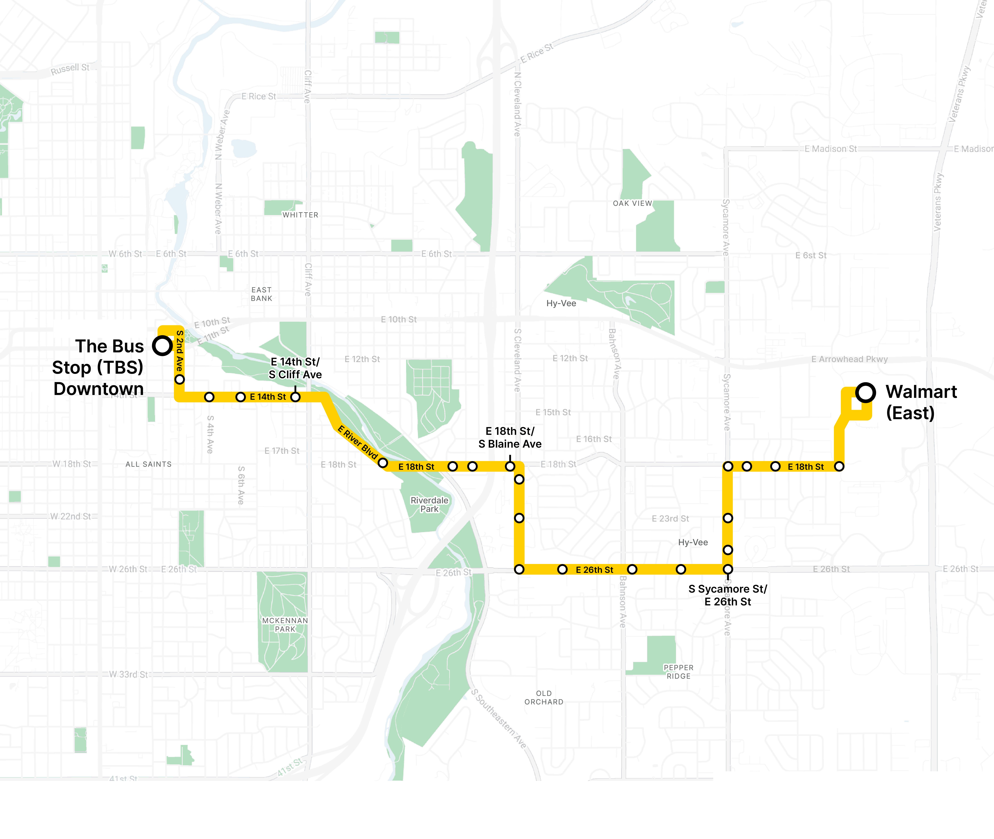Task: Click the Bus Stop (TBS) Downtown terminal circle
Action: pyautogui.click(x=162, y=346)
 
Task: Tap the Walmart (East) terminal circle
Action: pyautogui.click(x=865, y=392)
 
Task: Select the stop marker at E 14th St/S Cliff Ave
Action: pyautogui.click(x=295, y=397)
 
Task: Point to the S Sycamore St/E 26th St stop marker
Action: pyautogui.click(x=728, y=569)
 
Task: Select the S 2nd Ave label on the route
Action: pyautogui.click(x=179, y=351)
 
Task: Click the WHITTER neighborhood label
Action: pyautogui.click(x=300, y=215)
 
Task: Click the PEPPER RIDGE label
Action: pyautogui.click(x=679, y=672)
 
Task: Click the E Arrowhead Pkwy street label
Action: pyautogui.click(x=849, y=359)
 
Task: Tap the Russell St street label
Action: pyautogui.click(x=70, y=69)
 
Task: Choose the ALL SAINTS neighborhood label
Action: pyautogui.click(x=149, y=464)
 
